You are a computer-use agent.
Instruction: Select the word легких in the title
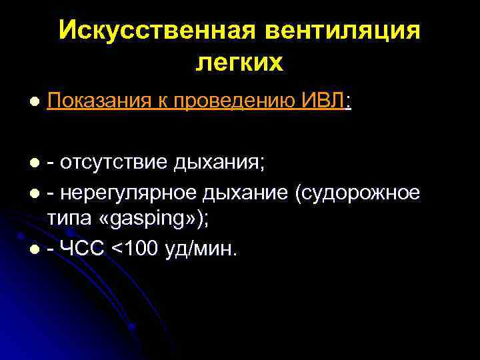[240, 63]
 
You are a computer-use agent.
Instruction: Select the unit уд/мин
[204, 249]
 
